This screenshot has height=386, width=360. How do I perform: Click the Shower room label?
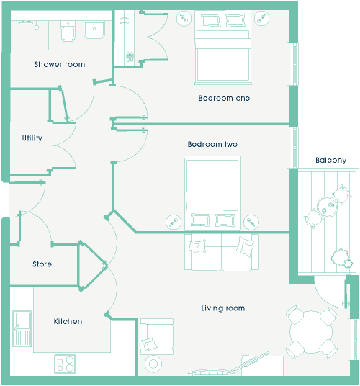[x=60, y=64]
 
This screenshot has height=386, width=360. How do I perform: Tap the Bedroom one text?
[x=224, y=98]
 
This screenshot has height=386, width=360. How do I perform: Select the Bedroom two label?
[x=212, y=144]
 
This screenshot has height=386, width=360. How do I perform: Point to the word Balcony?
[x=331, y=161]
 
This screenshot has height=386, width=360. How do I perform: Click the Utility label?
[x=32, y=138]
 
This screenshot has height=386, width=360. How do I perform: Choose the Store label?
[x=42, y=264]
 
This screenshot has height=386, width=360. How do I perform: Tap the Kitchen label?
[x=68, y=321]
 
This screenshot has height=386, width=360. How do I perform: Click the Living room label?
[x=223, y=308]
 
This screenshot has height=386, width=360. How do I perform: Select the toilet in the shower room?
[x=68, y=31]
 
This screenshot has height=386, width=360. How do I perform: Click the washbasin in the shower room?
[x=94, y=30]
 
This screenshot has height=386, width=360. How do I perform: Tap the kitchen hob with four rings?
[x=65, y=364]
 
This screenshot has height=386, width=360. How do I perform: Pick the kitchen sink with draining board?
[x=22, y=328]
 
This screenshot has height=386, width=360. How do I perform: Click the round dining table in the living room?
[x=311, y=332]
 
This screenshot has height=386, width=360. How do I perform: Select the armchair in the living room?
[x=156, y=336]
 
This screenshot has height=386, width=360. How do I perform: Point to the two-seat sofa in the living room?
[x=222, y=252]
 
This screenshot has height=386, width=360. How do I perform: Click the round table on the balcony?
[x=327, y=207]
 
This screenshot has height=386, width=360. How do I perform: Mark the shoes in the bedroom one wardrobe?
[x=130, y=57]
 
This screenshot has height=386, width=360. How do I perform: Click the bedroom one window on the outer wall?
[x=292, y=64]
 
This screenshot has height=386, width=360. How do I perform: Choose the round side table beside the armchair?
[x=153, y=364]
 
